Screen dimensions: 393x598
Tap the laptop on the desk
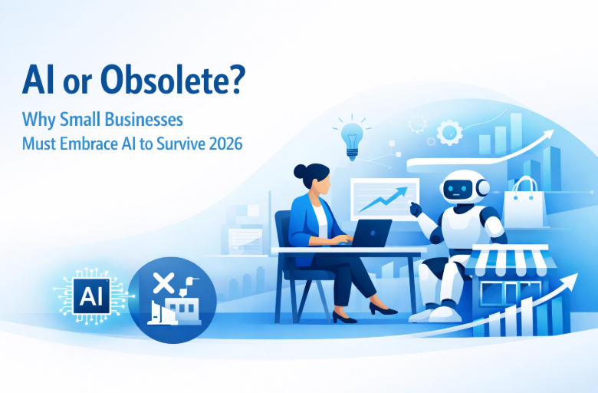373,233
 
